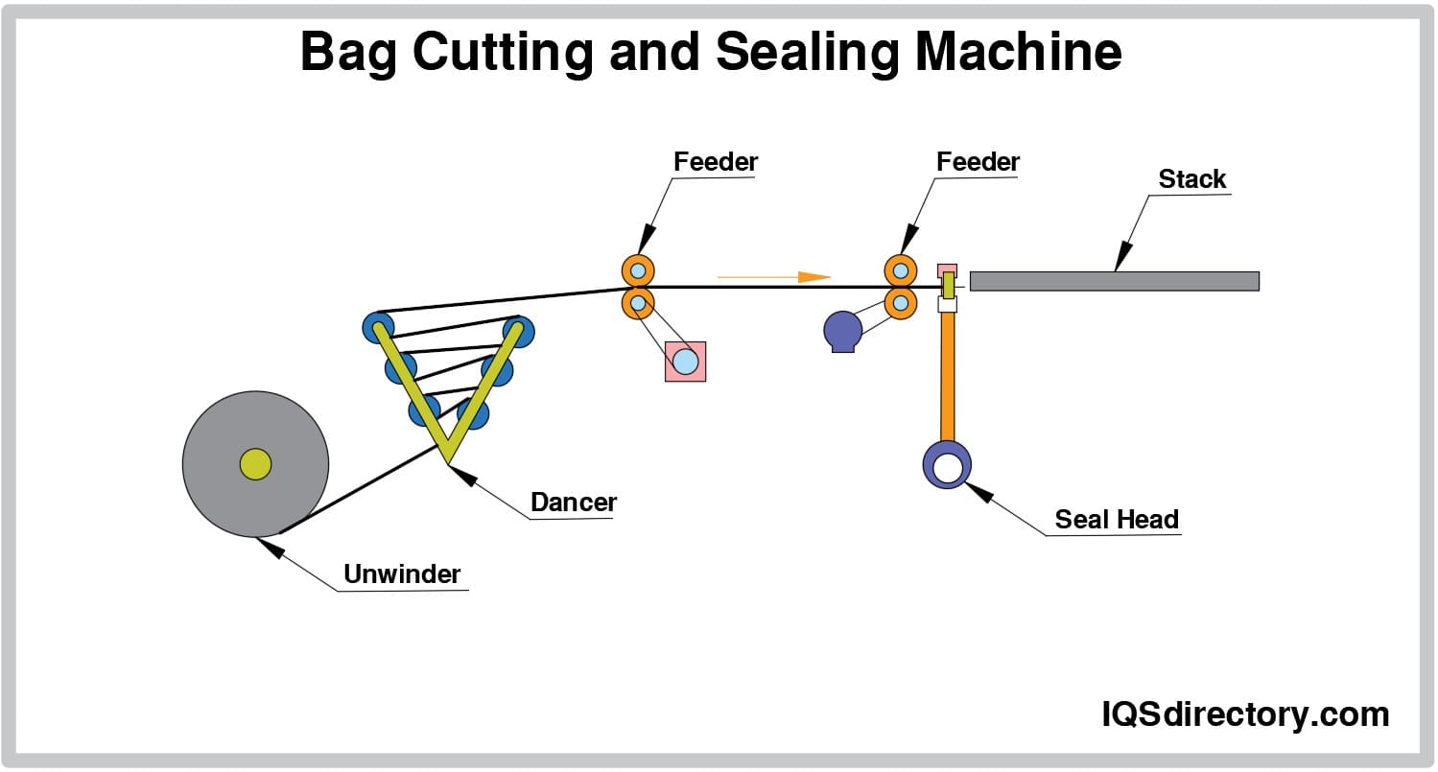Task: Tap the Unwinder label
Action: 402,574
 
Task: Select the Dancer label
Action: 574,502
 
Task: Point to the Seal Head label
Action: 1117,520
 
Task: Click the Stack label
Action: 1192,179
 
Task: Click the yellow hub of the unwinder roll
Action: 255,464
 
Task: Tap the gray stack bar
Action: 1114,281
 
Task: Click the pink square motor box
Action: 685,362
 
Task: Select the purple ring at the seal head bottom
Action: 947,465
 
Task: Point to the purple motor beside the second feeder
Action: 843,331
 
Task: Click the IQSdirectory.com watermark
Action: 1243,714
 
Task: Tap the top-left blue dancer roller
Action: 378,326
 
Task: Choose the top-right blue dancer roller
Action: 519,332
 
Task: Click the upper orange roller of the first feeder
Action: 638,269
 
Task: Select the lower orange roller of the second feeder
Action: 900,303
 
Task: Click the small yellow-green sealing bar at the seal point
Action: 948,285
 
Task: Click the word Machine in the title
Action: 1016,53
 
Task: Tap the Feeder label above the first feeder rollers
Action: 716,162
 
